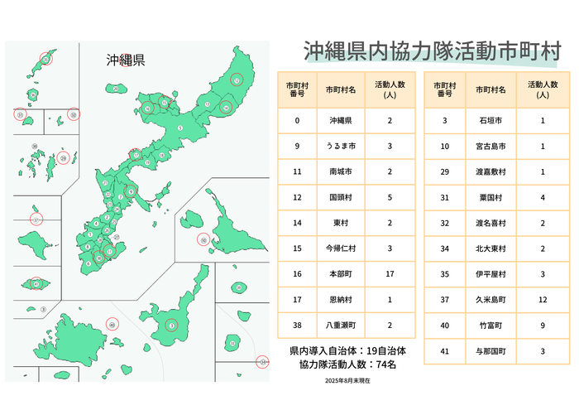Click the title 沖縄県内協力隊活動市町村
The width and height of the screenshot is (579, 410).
pos(433,51)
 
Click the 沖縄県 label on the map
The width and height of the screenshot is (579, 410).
pos(126,60)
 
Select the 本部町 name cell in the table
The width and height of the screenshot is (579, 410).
pos(341,273)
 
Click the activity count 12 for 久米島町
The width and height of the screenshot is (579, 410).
pos(543,300)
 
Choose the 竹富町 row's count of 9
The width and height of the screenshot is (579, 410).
pos(543,326)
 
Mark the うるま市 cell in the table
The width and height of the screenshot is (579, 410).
pos(341,146)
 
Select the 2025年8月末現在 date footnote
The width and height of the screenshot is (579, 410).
pos(347,381)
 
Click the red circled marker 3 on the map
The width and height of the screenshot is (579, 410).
pos(171,326)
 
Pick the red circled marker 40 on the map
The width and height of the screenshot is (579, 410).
pos(113,324)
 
